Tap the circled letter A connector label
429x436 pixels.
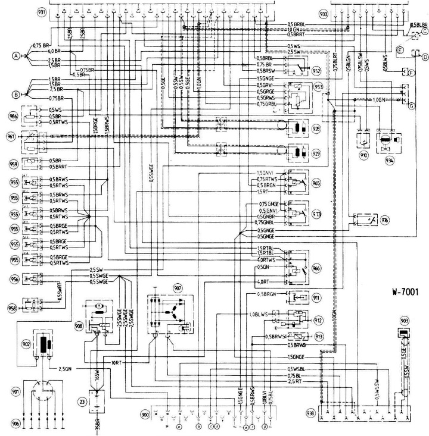tap(16, 55)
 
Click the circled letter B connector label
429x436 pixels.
tap(16, 94)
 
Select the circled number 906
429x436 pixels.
tap(11, 424)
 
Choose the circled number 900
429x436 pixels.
tap(144, 413)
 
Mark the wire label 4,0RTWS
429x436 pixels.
tap(266, 260)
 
